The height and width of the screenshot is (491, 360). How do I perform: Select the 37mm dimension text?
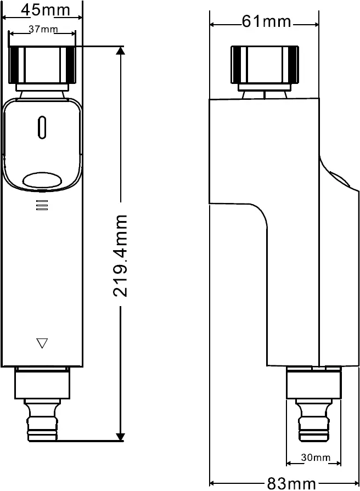pos(43,29)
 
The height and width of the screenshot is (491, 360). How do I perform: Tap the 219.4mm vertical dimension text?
pos(120,256)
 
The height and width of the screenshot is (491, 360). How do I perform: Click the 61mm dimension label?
pos(266,21)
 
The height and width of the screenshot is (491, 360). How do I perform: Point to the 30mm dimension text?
pos(316,457)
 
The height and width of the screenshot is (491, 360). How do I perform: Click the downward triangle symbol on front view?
pos(42,343)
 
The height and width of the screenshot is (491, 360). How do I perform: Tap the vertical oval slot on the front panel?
pos(42,127)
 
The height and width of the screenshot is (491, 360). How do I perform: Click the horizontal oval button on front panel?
pos(42,180)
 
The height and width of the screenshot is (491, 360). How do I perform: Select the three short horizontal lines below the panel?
pos(42,205)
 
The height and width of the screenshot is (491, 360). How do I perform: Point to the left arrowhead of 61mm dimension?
pos(214,24)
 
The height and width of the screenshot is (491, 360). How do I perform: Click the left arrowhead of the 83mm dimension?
pos(214,483)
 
